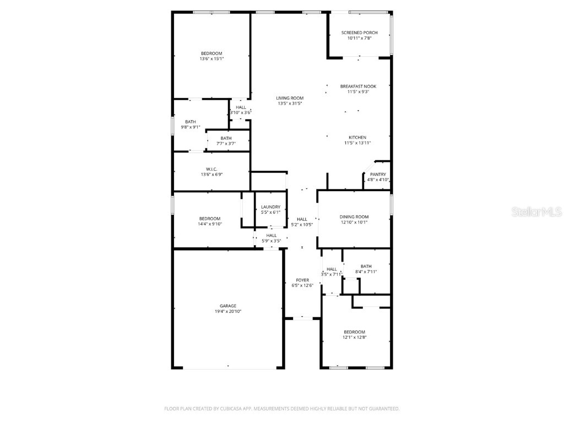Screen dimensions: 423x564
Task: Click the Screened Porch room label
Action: (x=359, y=32)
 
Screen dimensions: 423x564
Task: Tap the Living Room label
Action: (x=290, y=98)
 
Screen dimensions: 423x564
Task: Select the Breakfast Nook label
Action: (x=357, y=86)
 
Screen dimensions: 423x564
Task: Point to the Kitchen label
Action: (x=357, y=137)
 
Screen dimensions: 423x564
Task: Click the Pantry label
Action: (x=378, y=174)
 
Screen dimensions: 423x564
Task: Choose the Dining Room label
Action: (x=354, y=217)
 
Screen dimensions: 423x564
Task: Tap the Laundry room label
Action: (x=270, y=207)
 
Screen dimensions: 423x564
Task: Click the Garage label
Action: (x=228, y=306)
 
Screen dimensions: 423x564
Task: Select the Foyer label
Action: (x=302, y=280)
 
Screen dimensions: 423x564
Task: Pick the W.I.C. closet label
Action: (x=211, y=169)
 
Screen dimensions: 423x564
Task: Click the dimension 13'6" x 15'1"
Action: (x=211, y=58)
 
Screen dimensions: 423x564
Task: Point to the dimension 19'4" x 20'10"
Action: (x=228, y=311)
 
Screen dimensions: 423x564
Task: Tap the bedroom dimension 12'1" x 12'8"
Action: (x=355, y=337)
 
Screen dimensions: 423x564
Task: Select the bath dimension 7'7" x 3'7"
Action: (x=226, y=144)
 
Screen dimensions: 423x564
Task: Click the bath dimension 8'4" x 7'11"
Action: (x=366, y=272)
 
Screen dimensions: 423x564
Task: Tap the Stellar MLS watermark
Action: (x=536, y=211)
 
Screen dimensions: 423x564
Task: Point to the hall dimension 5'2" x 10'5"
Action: (x=302, y=224)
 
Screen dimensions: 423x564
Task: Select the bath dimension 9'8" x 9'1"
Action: (x=190, y=127)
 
